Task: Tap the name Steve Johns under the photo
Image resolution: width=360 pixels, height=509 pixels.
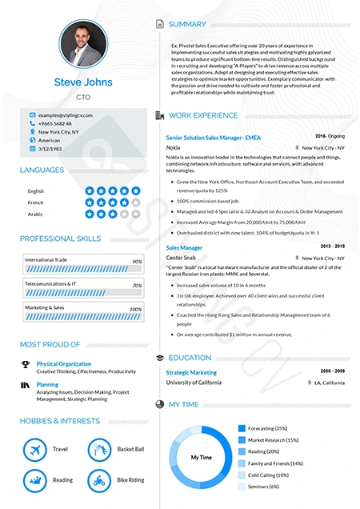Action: [83, 82]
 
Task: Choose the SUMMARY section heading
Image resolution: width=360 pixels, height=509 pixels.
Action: [187, 24]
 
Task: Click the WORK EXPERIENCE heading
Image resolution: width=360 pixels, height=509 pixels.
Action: [202, 115]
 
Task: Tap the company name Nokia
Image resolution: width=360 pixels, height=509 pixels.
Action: [173, 147]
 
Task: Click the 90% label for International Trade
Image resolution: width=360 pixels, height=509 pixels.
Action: [137, 262]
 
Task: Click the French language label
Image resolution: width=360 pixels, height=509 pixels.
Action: [36, 202]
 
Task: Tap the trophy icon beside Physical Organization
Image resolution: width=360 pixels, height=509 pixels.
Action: [26, 364]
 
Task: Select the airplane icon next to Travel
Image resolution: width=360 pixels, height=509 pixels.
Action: [34, 450]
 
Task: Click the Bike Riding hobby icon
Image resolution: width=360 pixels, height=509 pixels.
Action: [98, 480]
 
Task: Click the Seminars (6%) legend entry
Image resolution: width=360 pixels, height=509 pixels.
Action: [263, 486]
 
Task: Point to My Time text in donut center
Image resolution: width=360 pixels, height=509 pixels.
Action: [201, 458]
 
